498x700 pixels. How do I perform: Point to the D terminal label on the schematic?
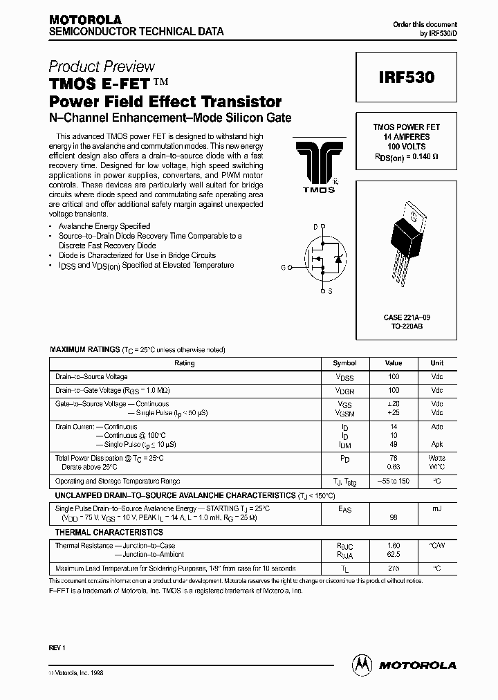(315, 227)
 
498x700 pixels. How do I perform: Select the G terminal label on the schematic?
(283, 266)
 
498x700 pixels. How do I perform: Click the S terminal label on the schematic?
(330, 291)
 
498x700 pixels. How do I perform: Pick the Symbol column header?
(344, 363)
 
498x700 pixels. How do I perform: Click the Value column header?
(394, 363)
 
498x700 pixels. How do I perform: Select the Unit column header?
(436, 363)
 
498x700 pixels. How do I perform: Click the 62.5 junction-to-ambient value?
(394, 554)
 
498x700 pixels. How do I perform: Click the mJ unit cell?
(436, 509)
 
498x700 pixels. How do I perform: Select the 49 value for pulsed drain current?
(394, 444)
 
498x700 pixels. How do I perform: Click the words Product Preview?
(102, 66)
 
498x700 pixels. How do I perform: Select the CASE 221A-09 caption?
(407, 317)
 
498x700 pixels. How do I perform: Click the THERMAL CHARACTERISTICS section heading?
(109, 533)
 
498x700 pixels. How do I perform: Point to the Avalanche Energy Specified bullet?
(104, 226)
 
